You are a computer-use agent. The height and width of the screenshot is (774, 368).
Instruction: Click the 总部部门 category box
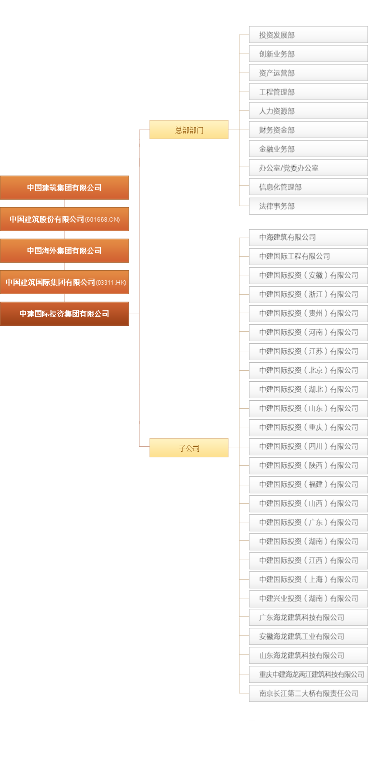point(189,130)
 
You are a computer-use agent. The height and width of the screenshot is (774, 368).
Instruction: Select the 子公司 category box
point(189,448)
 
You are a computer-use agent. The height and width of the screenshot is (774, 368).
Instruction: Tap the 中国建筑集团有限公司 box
point(64,188)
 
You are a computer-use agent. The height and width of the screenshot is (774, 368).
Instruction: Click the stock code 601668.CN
point(102,220)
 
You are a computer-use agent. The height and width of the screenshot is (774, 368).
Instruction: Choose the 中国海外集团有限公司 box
point(64,251)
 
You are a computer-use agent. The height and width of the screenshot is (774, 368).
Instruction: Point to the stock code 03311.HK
point(111,283)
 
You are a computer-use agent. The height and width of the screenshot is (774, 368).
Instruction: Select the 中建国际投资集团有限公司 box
point(64,314)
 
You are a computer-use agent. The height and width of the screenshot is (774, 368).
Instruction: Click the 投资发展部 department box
point(308,35)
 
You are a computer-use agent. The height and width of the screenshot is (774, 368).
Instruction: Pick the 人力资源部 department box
point(308,111)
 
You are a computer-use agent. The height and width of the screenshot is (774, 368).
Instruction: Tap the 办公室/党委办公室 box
point(308,168)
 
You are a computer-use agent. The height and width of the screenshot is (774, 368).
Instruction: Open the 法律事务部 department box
point(308,206)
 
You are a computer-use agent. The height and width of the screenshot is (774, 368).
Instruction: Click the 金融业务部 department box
point(308,149)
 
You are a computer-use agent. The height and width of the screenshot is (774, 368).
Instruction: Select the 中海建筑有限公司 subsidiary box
point(308,237)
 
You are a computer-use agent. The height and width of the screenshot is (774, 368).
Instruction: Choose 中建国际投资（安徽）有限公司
point(308,275)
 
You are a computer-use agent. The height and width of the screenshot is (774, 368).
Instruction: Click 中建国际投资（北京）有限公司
point(308,370)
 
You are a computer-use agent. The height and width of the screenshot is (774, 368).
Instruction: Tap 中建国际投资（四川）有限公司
point(308,446)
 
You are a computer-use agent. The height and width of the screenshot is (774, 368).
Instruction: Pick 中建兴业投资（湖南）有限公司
point(308,598)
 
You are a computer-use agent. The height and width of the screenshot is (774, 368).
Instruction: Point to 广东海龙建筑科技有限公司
point(308,617)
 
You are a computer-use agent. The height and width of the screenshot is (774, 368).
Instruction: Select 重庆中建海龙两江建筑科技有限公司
point(308,674)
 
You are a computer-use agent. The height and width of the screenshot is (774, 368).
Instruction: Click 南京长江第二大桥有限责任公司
point(308,693)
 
